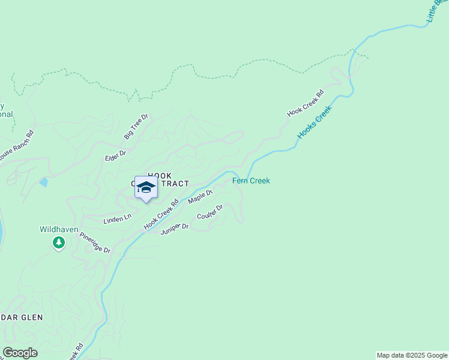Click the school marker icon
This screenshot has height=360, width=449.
pos(145,188)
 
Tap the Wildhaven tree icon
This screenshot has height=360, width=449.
pos(58,242)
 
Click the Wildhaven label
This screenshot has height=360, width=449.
pos(58,229)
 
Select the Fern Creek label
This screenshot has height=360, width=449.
pos(251,181)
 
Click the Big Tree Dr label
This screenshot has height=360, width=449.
pos(136,127)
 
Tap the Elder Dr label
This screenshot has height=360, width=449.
pos(115,154)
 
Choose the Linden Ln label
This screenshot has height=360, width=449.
pos(117,220)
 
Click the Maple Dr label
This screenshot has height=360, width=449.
pos(200,197)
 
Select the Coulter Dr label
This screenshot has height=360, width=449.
pos(210,212)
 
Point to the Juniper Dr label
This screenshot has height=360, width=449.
pos(175,227)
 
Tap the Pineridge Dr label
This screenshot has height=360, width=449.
pos(95,243)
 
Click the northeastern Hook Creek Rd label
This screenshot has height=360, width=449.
pos(305,103)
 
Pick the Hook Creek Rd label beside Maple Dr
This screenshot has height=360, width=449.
pos(161,215)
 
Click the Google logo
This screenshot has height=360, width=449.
pos(20,353)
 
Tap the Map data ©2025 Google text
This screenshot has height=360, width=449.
pos(412,355)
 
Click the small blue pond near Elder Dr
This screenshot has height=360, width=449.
pos(43,181)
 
